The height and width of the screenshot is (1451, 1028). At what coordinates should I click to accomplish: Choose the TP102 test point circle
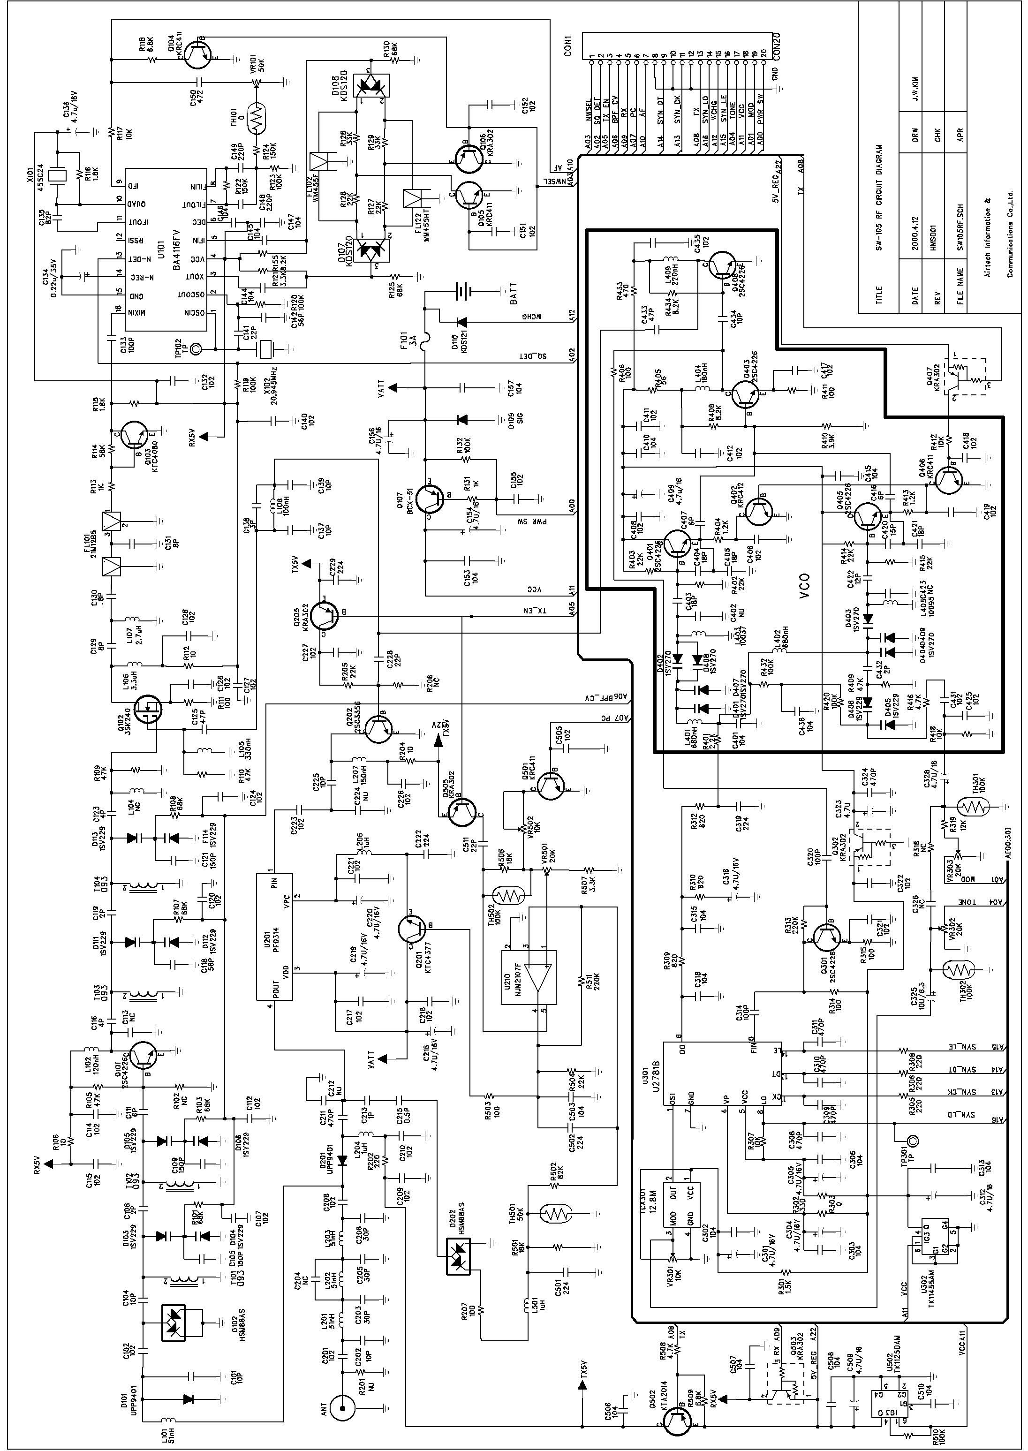click(x=196, y=348)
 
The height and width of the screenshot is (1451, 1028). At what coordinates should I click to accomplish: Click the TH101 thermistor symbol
click(x=257, y=116)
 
